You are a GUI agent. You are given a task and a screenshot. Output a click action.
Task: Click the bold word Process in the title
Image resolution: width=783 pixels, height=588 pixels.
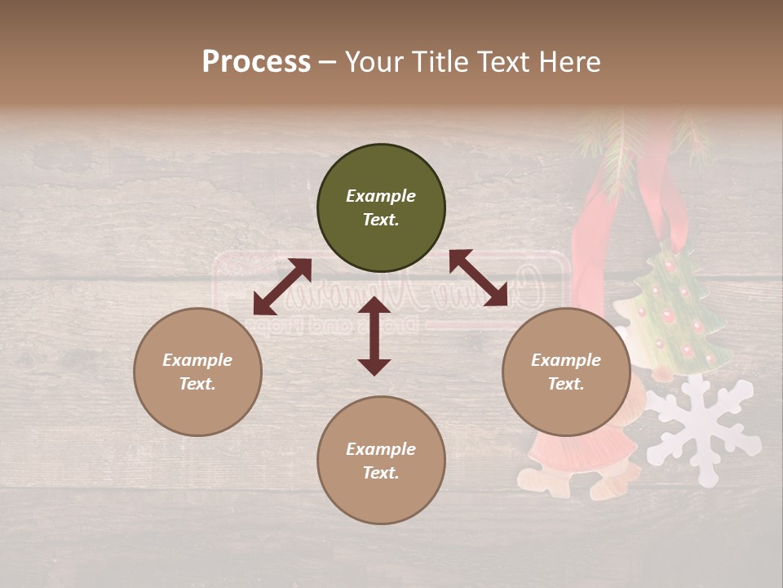point(256,62)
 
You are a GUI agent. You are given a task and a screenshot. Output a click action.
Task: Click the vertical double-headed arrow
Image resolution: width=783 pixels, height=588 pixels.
point(374,336)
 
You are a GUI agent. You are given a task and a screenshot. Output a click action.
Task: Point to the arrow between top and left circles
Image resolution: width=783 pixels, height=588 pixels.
point(282,287)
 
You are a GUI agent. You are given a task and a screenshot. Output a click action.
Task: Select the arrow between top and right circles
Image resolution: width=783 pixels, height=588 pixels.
point(478,278)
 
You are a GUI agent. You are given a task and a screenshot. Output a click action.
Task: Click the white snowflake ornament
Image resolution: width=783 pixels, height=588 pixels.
point(703,421)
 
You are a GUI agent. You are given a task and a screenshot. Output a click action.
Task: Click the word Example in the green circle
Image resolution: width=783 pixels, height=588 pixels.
point(381,196)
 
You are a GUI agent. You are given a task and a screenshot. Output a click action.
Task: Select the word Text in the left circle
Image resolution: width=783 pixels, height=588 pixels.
point(197,384)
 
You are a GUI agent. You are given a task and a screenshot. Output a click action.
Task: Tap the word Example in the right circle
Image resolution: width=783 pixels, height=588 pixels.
point(566,360)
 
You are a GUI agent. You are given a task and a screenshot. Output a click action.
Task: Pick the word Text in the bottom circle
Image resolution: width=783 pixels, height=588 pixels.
point(381,473)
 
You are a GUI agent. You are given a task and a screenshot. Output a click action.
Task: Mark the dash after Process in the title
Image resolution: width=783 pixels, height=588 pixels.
point(328,63)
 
